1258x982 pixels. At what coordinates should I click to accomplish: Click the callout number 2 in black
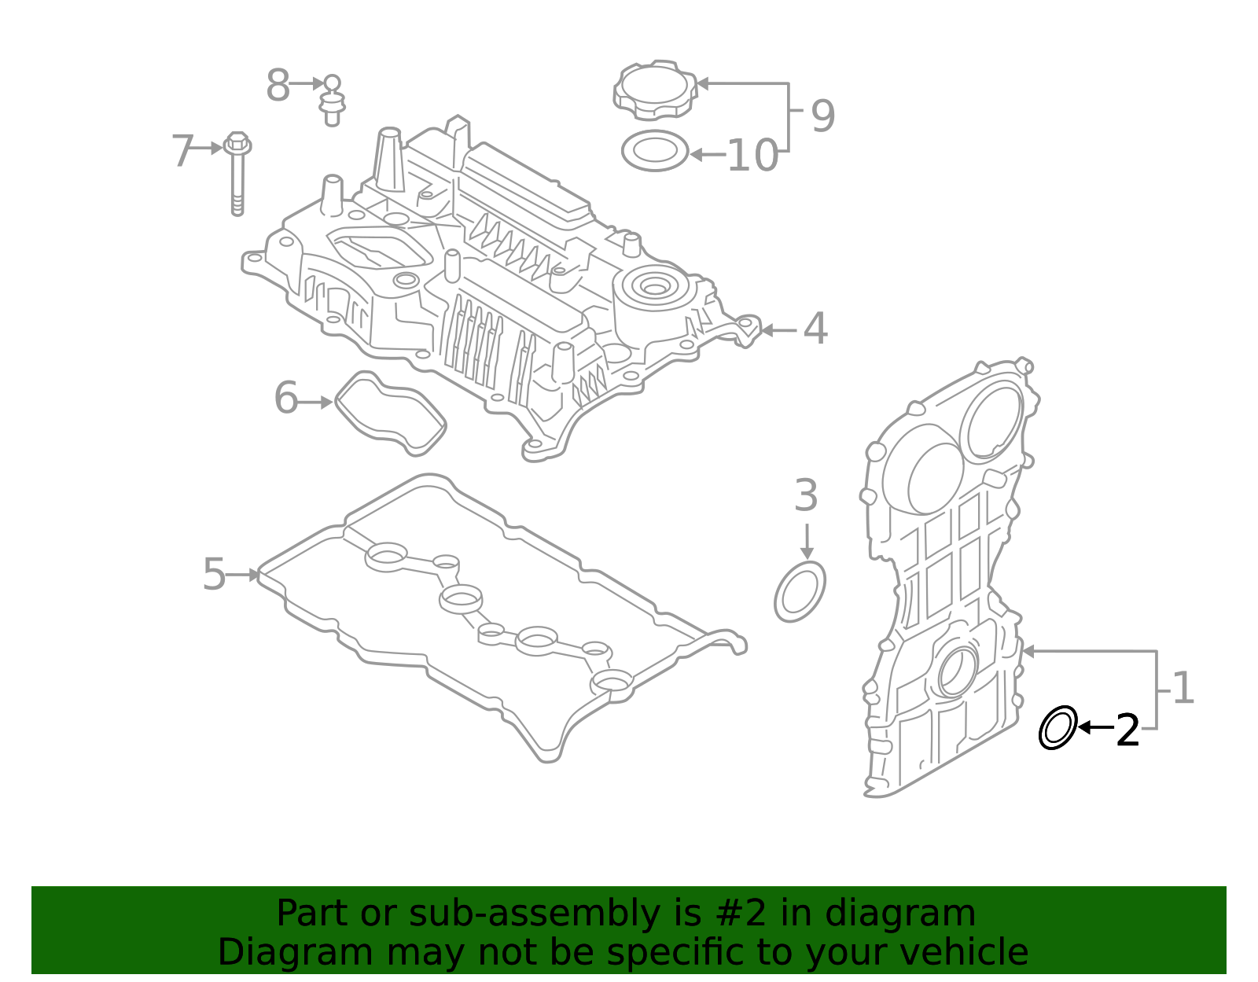point(1127,731)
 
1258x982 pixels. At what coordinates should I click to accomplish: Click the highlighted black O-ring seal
point(1058,728)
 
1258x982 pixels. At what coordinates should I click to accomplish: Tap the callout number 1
point(1183,689)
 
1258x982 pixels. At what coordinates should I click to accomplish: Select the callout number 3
point(806,496)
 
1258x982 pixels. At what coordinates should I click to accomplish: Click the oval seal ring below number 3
point(800,592)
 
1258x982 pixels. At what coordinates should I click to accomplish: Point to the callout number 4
point(815,329)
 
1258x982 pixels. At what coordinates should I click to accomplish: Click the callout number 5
point(214,575)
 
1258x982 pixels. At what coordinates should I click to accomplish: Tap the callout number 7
point(182,151)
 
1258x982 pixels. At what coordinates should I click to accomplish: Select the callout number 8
point(278,86)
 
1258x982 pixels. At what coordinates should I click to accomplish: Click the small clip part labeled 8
point(333,101)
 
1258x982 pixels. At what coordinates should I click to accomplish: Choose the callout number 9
point(822,116)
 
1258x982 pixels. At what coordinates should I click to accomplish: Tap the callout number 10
point(752,156)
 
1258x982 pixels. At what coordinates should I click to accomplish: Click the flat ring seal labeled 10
point(654,151)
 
